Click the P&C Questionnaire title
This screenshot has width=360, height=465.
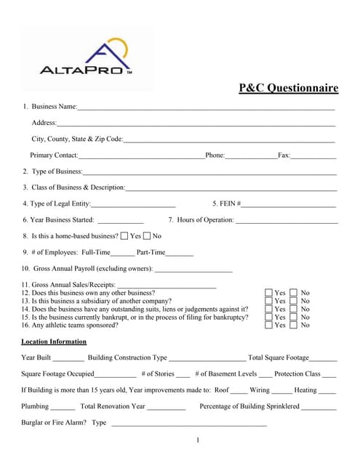point(289,89)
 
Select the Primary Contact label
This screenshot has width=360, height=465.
point(54,155)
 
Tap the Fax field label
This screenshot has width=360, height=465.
point(284,155)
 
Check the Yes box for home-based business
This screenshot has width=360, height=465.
point(124,236)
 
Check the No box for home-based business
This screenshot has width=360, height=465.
point(147,236)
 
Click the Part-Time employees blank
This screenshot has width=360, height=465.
point(180,253)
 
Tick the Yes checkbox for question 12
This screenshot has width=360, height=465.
point(269,293)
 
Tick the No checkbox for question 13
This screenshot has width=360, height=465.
point(294,301)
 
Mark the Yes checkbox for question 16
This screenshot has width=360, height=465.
point(269,325)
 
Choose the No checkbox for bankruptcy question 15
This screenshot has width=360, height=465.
point(294,317)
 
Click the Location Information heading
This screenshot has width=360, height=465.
point(54,341)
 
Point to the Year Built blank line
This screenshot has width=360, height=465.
point(68,358)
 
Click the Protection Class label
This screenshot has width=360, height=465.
point(297,374)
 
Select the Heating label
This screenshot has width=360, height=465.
point(305,390)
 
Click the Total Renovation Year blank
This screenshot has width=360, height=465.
point(167,407)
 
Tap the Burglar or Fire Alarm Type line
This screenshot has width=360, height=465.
point(189,424)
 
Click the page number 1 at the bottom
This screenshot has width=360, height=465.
point(198,440)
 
